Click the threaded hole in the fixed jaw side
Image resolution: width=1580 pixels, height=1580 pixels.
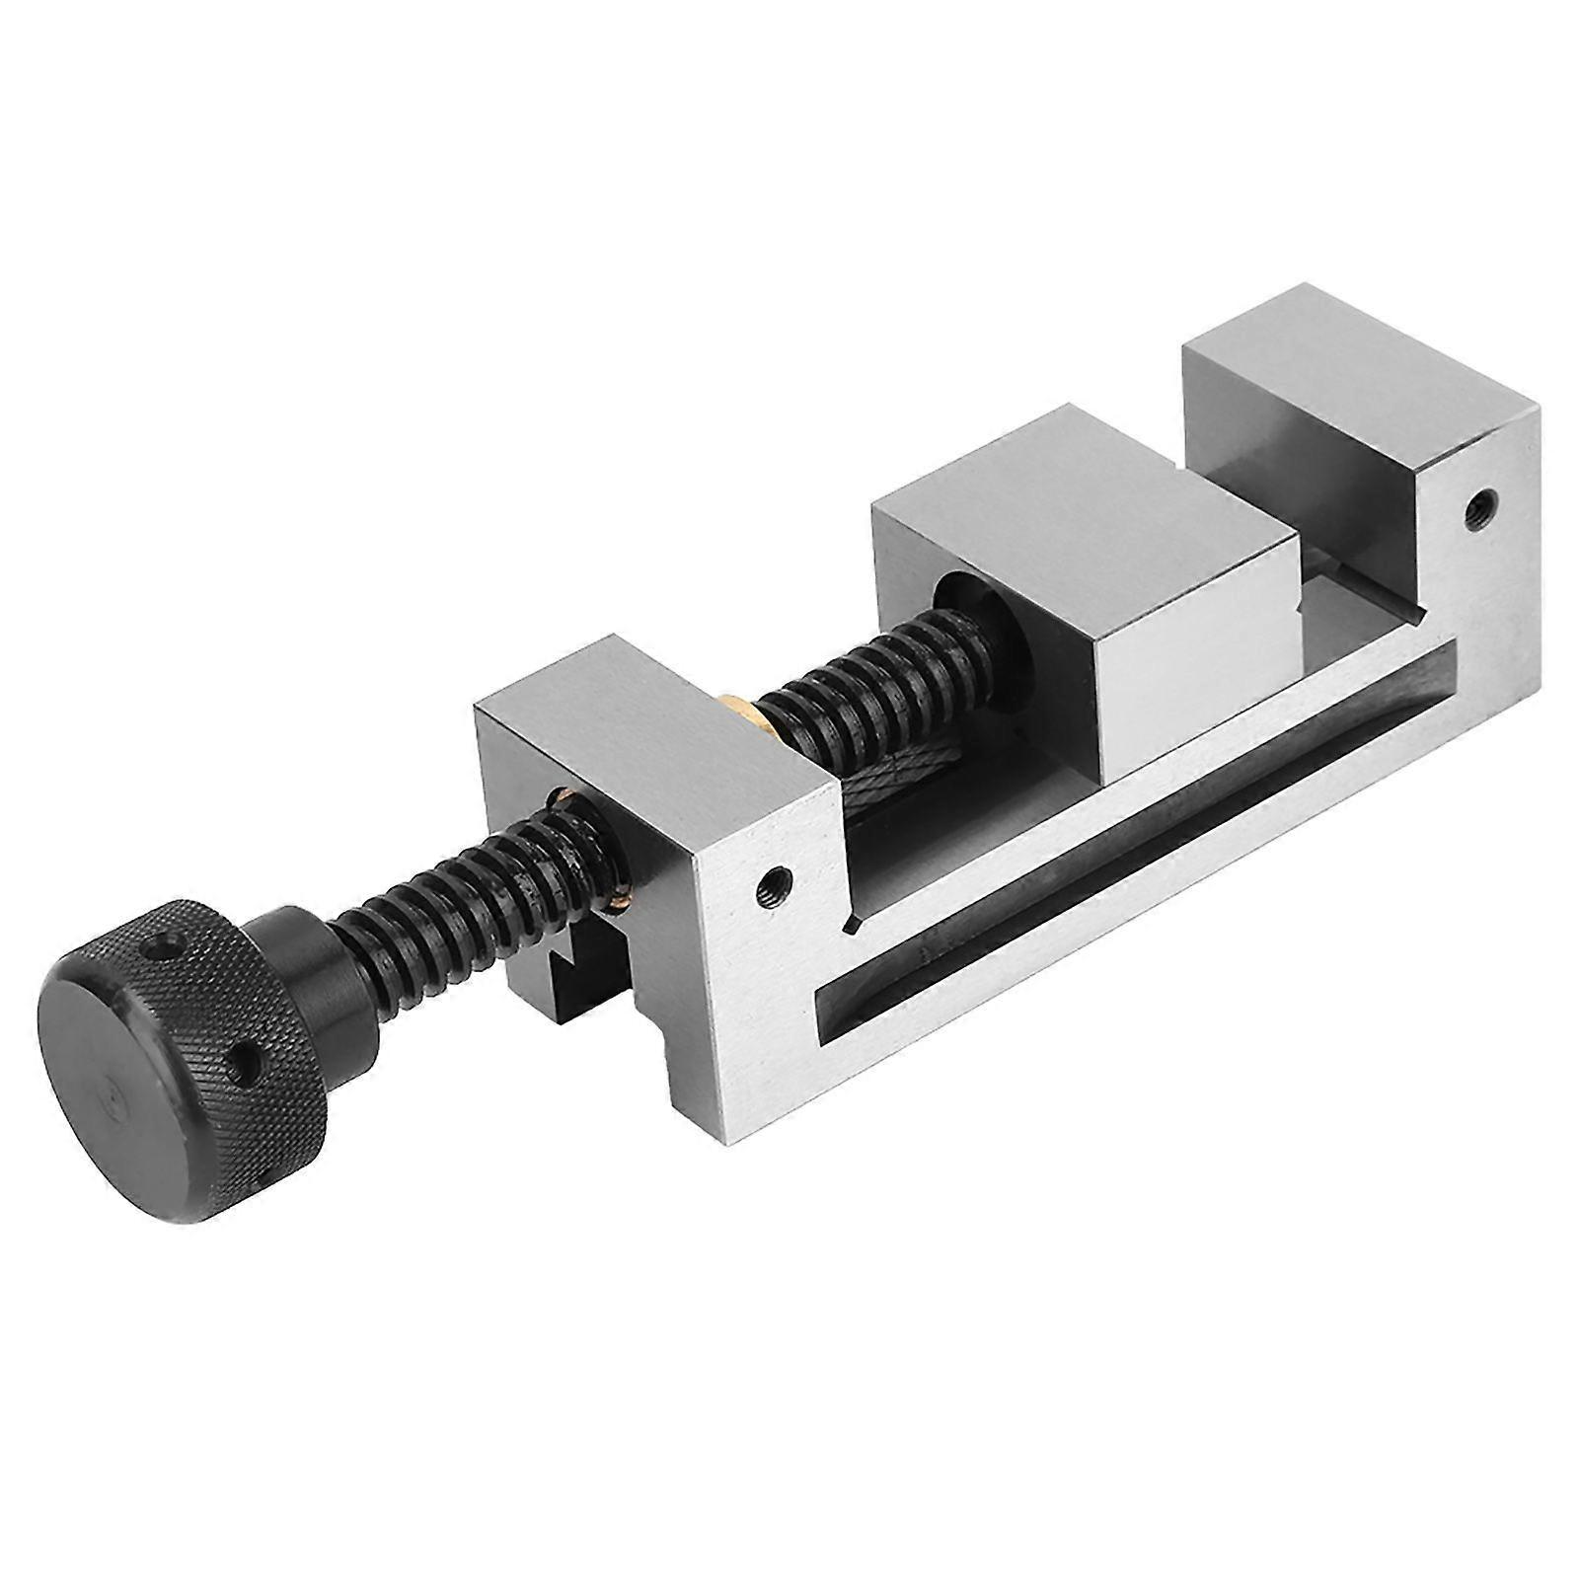[x=1476, y=510]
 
